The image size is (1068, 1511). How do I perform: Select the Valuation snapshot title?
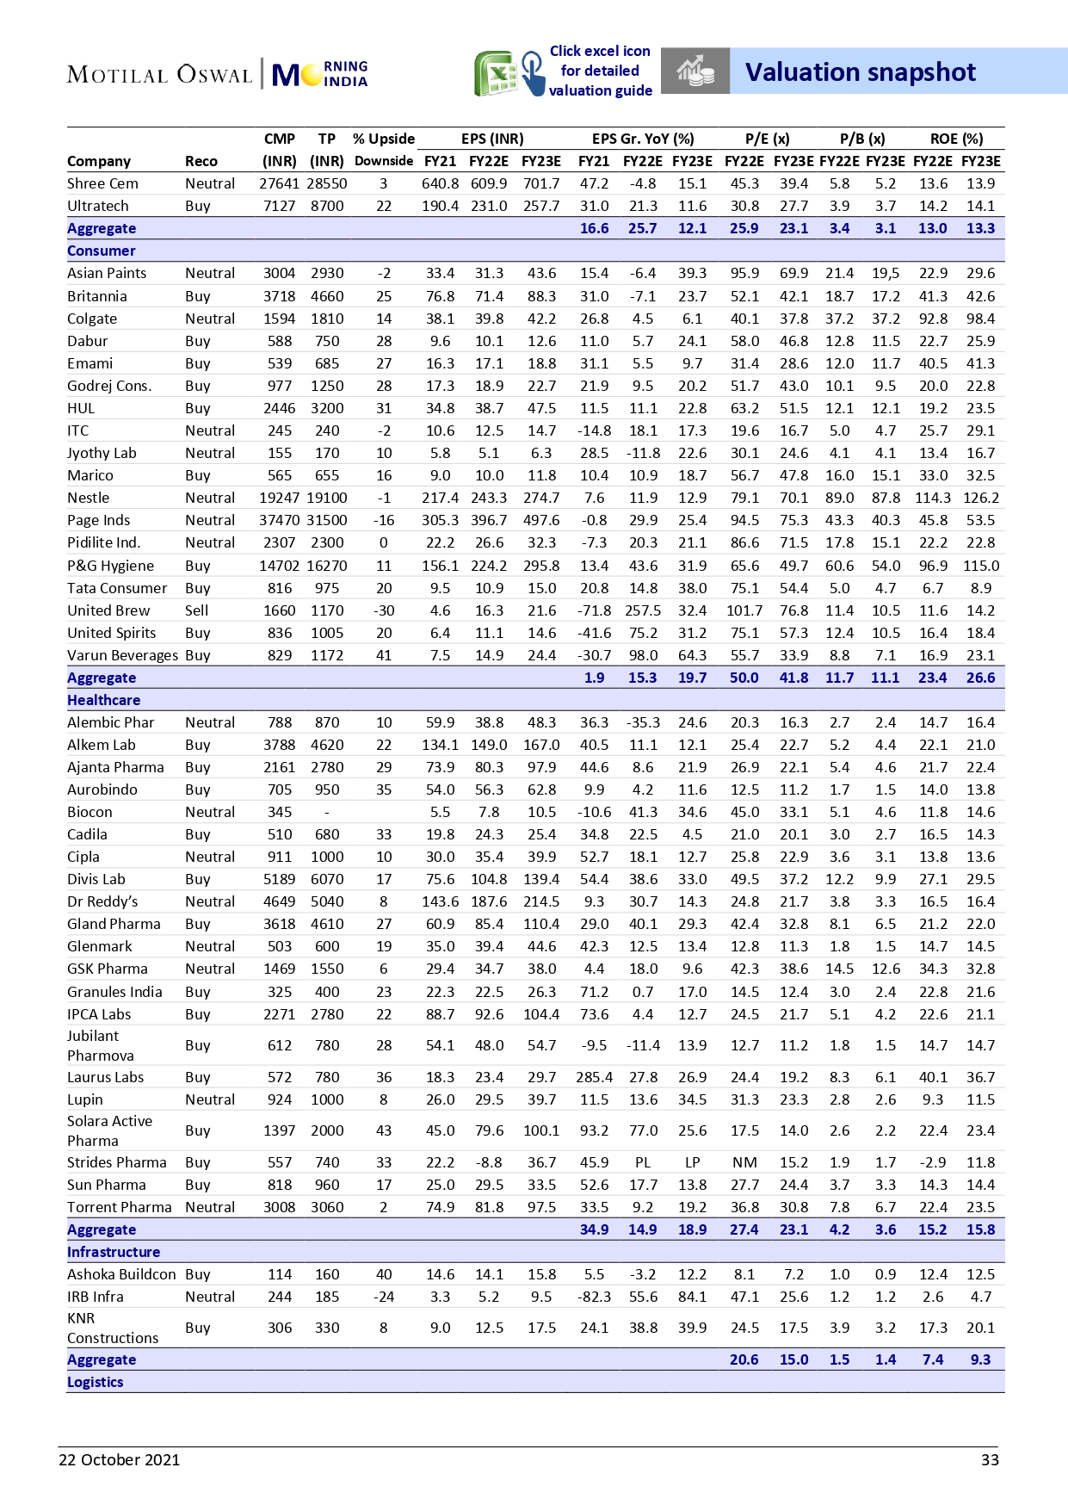(860, 72)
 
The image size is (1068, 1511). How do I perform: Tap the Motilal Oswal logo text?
(159, 75)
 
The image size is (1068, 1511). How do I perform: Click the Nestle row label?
(89, 498)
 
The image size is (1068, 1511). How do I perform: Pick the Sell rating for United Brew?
(196, 610)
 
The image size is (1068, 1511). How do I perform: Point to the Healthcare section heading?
(103, 700)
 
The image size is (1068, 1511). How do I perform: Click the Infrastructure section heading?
(114, 1252)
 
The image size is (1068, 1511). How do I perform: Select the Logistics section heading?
(96, 1382)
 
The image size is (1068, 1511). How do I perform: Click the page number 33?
(990, 1459)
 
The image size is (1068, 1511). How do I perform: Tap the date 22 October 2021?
(120, 1459)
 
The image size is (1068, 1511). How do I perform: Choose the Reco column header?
(201, 161)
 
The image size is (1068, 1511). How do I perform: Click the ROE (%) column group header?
(956, 139)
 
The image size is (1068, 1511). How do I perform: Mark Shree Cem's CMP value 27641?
(279, 183)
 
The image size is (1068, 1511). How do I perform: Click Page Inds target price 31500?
(327, 520)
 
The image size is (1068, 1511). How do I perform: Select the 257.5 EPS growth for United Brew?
(643, 610)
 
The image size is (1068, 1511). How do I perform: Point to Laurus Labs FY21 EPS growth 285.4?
(594, 1077)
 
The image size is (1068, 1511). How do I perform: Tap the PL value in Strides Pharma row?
(643, 1162)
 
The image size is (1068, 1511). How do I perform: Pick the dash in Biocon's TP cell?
(327, 812)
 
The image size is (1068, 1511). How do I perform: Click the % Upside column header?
(384, 139)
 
